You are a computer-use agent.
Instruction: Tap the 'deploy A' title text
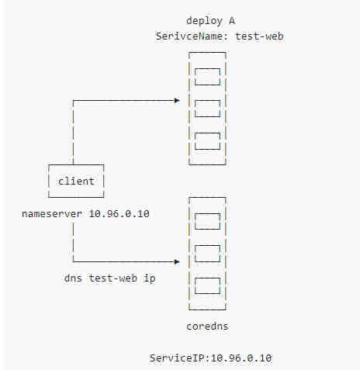click(x=210, y=21)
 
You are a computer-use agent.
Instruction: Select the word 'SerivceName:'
click(x=192, y=36)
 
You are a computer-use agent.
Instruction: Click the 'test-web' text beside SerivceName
click(x=259, y=36)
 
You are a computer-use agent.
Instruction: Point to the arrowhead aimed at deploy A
click(x=177, y=100)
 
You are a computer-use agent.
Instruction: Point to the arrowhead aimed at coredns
click(x=177, y=262)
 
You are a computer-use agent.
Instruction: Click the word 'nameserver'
click(x=52, y=214)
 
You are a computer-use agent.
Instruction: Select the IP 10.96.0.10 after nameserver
click(x=119, y=214)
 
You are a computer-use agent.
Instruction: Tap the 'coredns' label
click(x=207, y=327)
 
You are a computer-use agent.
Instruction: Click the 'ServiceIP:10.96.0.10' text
click(x=210, y=358)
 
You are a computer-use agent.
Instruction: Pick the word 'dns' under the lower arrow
click(x=73, y=278)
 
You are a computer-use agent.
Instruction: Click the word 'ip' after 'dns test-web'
click(x=150, y=278)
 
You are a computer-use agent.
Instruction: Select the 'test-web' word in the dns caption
click(x=113, y=278)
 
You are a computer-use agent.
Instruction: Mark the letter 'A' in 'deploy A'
click(x=232, y=21)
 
